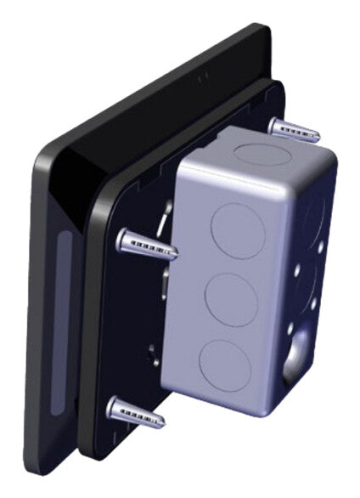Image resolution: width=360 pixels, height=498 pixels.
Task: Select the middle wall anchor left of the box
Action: coord(146,244)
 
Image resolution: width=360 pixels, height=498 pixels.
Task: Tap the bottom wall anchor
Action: coord(137,413)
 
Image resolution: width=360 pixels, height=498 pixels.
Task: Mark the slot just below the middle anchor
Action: coord(166,280)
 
